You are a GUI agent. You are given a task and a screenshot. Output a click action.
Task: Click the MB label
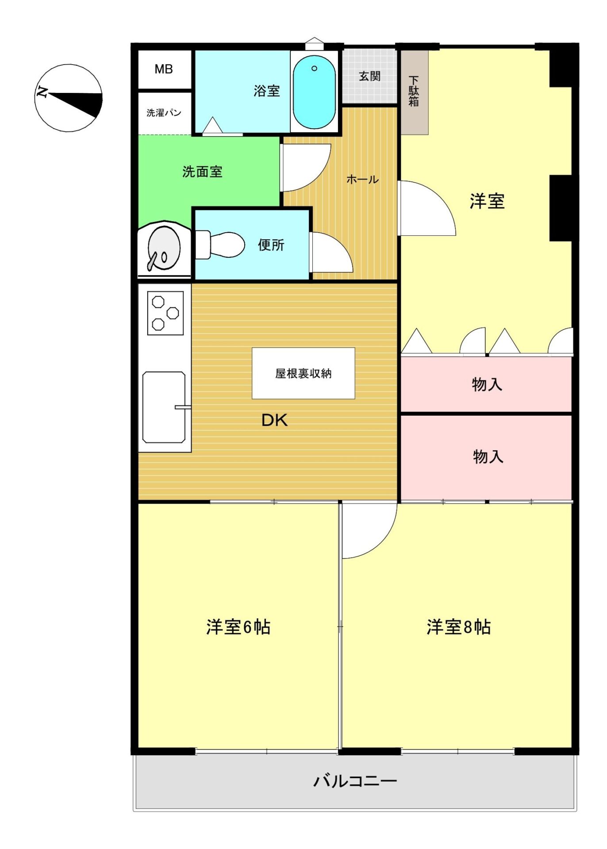[164, 69]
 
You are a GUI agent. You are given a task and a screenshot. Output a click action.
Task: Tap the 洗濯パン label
[164, 113]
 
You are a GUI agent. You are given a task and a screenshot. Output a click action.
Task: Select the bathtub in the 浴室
[314, 92]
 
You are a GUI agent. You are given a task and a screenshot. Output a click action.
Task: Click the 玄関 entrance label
[369, 76]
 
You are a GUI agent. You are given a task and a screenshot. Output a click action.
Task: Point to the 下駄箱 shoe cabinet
[414, 92]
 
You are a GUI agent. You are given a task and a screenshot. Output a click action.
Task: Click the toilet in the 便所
[220, 245]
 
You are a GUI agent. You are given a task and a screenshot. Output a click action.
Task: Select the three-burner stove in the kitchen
[165, 313]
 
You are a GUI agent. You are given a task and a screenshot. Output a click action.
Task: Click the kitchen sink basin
[164, 407]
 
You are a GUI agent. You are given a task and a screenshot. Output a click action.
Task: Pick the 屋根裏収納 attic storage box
[303, 373]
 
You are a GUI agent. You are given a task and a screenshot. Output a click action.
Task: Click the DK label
[275, 420]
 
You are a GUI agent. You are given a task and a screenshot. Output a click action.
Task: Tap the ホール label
[362, 179]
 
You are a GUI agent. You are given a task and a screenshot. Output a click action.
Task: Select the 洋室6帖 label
[238, 627]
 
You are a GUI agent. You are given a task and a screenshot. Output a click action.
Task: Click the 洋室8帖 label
[459, 627]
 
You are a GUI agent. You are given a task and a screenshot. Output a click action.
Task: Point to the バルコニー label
[355, 781]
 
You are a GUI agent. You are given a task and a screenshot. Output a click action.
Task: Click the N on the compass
[42, 92]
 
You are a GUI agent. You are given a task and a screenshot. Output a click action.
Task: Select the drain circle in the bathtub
[314, 68]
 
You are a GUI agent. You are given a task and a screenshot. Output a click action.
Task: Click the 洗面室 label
[202, 172]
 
